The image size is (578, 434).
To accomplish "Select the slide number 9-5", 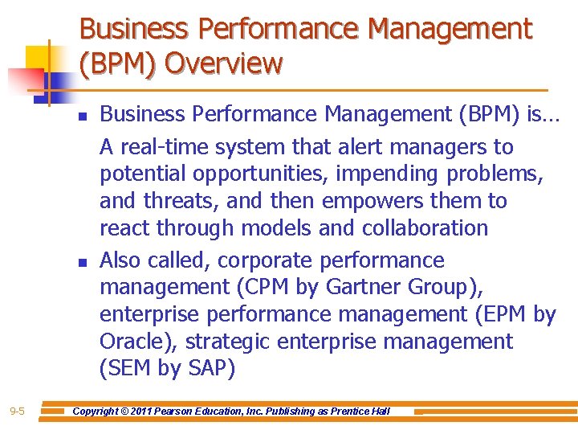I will pos(17,411).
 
